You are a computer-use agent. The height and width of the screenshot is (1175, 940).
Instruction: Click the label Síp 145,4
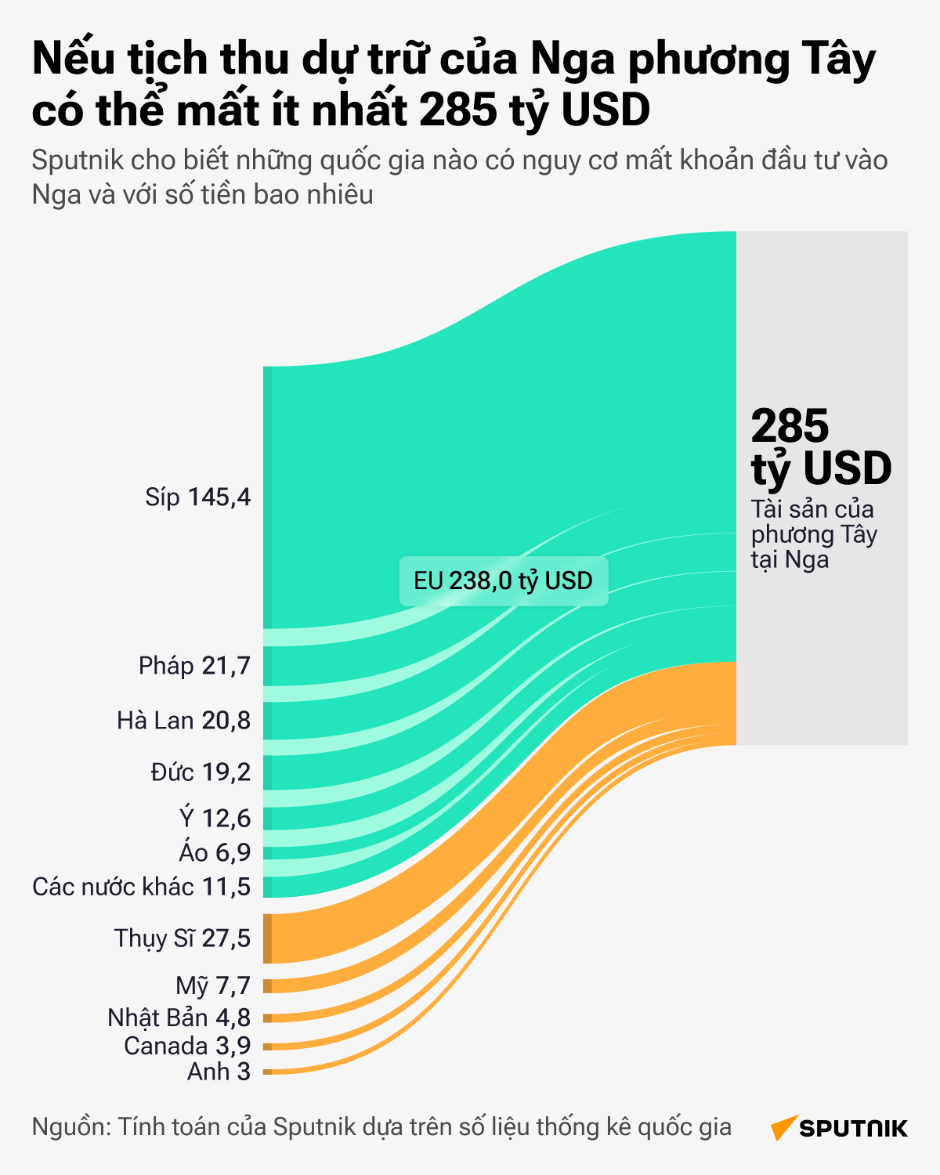click(197, 497)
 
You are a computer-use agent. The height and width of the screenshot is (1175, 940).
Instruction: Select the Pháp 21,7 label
click(194, 666)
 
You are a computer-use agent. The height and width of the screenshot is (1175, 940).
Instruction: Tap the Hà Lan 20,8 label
click(183, 720)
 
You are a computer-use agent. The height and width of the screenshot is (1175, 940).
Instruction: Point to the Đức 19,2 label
click(201, 772)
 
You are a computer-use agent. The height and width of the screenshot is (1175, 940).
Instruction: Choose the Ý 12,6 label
click(215, 819)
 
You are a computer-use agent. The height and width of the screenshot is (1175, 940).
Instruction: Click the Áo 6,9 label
click(215, 852)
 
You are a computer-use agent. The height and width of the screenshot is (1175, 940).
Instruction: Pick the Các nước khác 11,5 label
click(142, 887)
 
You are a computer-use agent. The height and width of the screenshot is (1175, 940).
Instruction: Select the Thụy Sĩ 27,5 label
click(183, 938)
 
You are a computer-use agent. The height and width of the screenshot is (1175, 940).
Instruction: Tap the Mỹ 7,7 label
click(213, 985)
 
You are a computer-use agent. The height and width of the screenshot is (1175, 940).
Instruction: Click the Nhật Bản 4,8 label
click(179, 1018)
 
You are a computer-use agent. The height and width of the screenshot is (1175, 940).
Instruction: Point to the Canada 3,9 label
click(187, 1046)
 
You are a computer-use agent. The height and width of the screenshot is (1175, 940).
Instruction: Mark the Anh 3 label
click(219, 1072)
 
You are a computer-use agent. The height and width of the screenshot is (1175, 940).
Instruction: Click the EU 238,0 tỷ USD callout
click(503, 580)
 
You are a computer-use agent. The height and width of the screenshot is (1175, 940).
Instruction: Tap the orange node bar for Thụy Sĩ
click(267, 938)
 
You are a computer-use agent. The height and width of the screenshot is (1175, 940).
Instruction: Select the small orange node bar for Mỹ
click(267, 985)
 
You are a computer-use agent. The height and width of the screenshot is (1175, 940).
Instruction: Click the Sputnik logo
click(839, 1128)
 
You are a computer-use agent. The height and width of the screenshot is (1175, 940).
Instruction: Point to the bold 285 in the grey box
click(789, 426)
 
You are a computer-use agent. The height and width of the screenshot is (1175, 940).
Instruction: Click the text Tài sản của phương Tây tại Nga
click(813, 534)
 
